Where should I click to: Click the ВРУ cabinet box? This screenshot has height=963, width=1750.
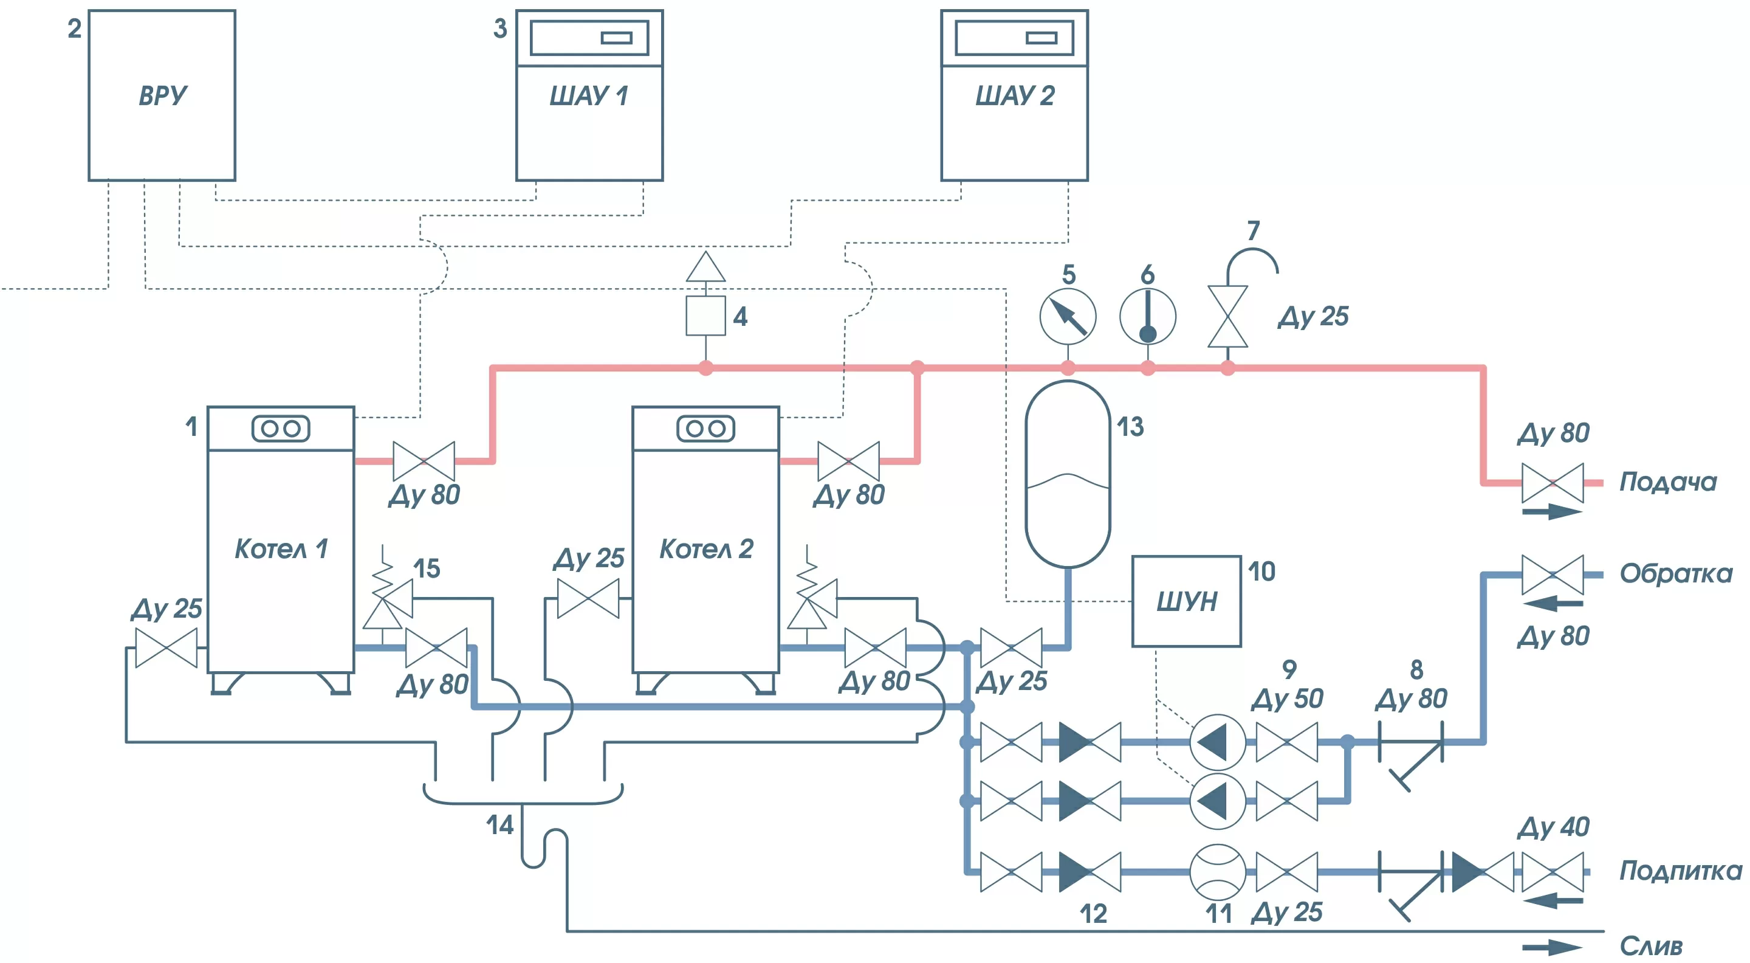click(x=162, y=95)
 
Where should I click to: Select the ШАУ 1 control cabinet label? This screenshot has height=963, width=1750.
click(x=588, y=96)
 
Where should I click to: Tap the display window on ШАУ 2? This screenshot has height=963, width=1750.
click(x=1014, y=38)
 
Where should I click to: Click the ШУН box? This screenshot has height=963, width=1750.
click(x=1186, y=601)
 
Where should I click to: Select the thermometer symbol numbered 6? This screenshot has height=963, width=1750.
click(x=1147, y=316)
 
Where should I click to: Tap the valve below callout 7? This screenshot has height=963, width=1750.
click(x=1227, y=317)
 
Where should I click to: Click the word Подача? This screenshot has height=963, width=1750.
click(x=1668, y=482)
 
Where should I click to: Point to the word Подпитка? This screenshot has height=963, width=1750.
click(x=1680, y=871)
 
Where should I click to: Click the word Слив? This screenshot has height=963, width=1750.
click(x=1651, y=946)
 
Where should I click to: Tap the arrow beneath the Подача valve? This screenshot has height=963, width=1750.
click(x=1553, y=512)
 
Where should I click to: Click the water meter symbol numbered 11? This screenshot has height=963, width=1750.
click(x=1217, y=872)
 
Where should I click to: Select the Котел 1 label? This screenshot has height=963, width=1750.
click(x=281, y=548)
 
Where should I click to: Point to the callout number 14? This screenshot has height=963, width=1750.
click(x=499, y=825)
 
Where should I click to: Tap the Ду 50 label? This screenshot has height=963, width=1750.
click(x=1287, y=699)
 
